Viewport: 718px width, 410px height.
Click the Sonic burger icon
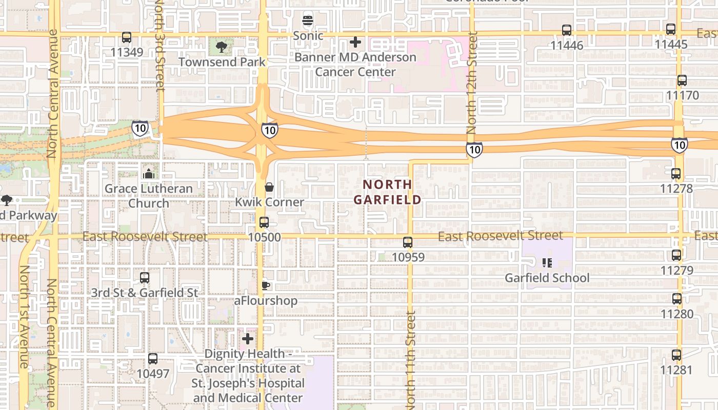pyautogui.click(x=308, y=21)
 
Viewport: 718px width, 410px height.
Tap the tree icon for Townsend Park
pyautogui.click(x=222, y=48)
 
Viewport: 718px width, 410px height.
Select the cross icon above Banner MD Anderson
pyautogui.click(x=355, y=42)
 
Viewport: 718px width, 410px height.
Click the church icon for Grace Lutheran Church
pyautogui.click(x=149, y=174)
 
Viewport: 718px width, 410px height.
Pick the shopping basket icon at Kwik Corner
pyautogui.click(x=269, y=187)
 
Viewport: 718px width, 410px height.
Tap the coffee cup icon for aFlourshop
pyautogui.click(x=265, y=285)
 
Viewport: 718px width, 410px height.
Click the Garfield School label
pyautogui.click(x=547, y=278)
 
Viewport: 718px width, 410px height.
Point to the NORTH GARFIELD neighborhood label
pyautogui.click(x=387, y=192)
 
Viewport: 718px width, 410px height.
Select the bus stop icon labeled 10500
pyautogui.click(x=264, y=222)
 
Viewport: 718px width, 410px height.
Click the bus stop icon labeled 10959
pyautogui.click(x=408, y=242)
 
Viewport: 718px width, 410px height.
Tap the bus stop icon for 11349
pyautogui.click(x=127, y=37)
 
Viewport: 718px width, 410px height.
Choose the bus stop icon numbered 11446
pyautogui.click(x=567, y=30)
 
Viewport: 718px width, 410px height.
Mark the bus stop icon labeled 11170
pyautogui.click(x=682, y=80)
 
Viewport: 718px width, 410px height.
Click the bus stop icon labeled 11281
pyautogui.click(x=676, y=355)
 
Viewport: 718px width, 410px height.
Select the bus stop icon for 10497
pyautogui.click(x=153, y=359)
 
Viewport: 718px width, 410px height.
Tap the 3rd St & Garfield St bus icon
pyautogui.click(x=145, y=278)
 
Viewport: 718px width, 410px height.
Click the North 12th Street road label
pyautogui.click(x=472, y=82)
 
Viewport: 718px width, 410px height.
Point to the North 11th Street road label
pyautogui.click(x=410, y=359)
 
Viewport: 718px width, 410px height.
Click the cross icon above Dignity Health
pyautogui.click(x=248, y=339)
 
